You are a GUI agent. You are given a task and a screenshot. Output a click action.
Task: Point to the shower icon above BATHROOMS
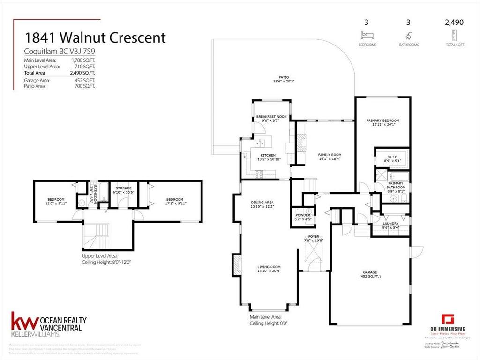409,35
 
